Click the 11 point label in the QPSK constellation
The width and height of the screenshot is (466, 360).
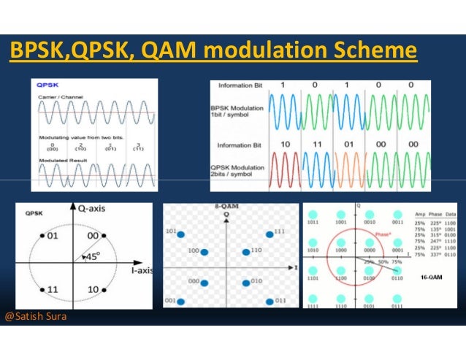coord(53,290)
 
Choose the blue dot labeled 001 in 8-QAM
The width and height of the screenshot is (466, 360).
coord(179,300)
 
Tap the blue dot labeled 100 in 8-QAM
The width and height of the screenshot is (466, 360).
coord(205,251)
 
